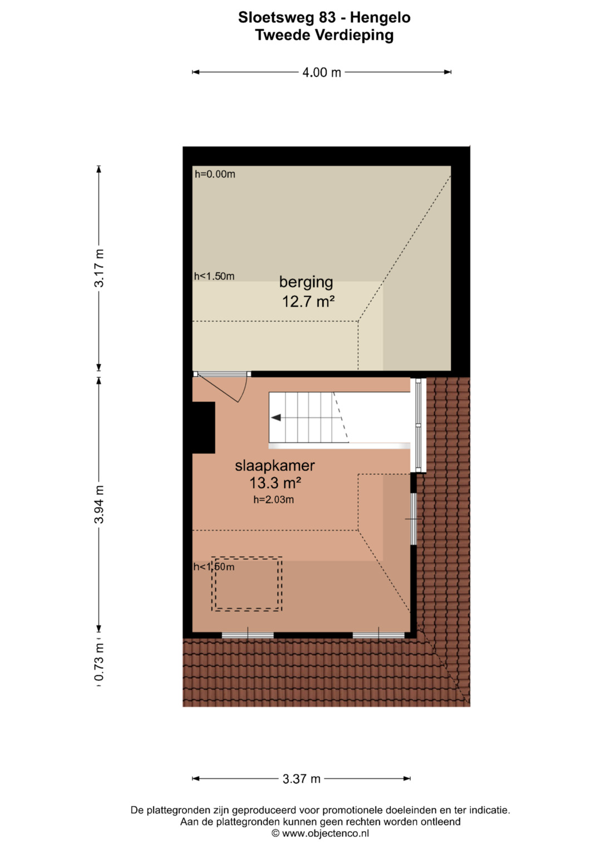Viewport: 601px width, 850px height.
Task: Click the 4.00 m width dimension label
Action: [322, 72]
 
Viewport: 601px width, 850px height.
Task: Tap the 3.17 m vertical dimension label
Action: [99, 268]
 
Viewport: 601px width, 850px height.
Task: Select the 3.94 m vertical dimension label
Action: [99, 504]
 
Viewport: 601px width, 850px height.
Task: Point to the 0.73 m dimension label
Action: [99, 667]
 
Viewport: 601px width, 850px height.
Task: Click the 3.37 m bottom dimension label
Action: [301, 779]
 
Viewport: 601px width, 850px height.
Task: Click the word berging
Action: [306, 283]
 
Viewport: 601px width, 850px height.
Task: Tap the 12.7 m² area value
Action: [308, 302]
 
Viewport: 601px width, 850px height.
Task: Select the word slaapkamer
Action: [275, 465]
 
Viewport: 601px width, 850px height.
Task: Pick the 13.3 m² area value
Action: [275, 483]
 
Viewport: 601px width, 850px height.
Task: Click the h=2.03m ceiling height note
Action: [274, 500]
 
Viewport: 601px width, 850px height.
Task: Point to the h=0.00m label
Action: [215, 174]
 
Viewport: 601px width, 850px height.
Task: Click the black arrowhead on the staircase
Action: [275, 417]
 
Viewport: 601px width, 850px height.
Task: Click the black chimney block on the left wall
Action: [204, 428]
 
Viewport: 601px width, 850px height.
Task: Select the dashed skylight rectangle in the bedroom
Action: [247, 584]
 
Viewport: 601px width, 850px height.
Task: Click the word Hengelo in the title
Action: [380, 18]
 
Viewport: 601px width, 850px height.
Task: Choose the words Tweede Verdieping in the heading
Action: [324, 35]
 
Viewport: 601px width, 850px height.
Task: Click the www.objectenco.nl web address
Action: [326, 834]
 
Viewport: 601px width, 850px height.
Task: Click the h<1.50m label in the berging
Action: [214, 276]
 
